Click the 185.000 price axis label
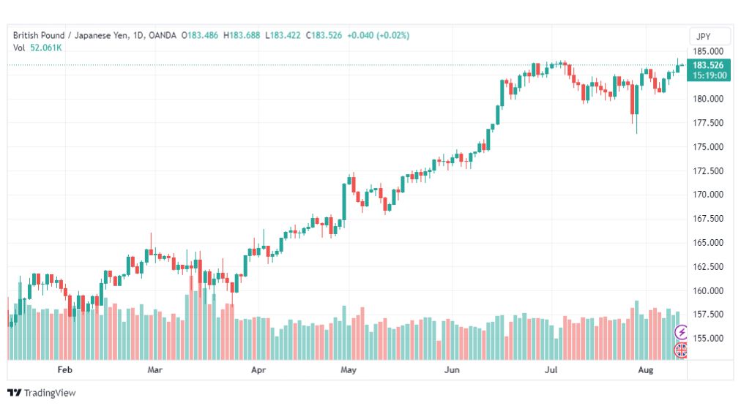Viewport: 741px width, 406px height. point(708,51)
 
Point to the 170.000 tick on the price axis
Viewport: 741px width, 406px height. point(708,195)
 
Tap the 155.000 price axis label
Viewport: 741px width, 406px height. point(708,339)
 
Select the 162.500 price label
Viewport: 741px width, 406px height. point(708,267)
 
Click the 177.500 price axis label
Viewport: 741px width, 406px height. point(708,123)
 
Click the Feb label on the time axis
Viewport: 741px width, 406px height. point(64,369)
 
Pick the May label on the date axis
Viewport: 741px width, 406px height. point(349,369)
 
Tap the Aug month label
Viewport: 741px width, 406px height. point(646,369)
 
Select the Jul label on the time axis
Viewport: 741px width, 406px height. point(551,369)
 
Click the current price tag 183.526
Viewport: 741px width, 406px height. point(708,65)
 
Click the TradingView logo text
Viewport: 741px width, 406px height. point(50,393)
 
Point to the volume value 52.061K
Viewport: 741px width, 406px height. point(46,48)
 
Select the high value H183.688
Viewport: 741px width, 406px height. point(242,35)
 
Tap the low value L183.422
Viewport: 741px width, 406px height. point(283,35)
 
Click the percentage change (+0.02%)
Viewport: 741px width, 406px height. point(392,35)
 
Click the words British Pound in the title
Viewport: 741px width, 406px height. point(39,35)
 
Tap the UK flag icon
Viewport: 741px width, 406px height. point(680,350)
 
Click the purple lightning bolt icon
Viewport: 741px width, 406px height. point(681,332)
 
